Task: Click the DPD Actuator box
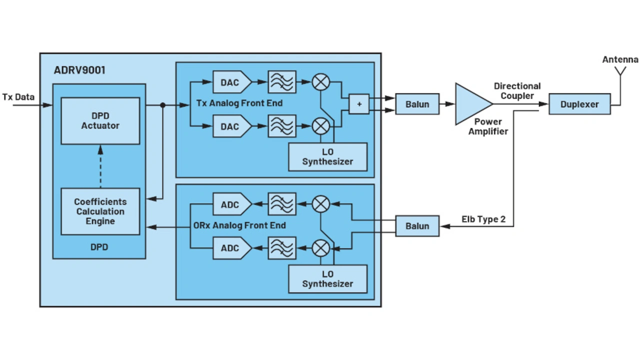coord(100,121)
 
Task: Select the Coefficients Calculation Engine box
coord(100,211)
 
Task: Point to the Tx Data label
coord(18,97)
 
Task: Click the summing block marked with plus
coord(359,104)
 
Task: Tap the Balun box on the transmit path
coord(417,104)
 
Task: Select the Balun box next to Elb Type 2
coord(417,226)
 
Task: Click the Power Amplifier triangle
coord(470,104)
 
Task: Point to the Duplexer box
coord(579,104)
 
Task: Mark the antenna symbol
coord(620,72)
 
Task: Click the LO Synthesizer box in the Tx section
coord(327,157)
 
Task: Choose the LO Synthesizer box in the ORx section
coord(327,279)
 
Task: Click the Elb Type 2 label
coord(483,219)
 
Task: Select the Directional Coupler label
coord(517,90)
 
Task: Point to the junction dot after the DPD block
coord(162,105)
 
